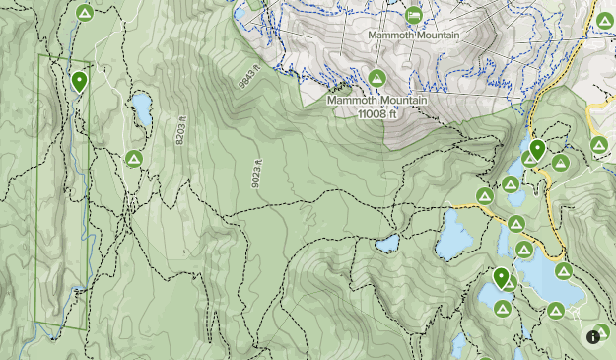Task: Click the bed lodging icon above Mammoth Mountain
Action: [414, 15]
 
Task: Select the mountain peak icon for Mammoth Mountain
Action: [376, 77]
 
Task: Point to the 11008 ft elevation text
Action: [376, 112]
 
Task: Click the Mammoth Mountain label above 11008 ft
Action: [376, 100]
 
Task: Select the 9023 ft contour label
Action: [257, 174]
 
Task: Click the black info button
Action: [593, 336]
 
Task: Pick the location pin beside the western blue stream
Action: [79, 81]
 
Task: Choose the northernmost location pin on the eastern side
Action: [536, 149]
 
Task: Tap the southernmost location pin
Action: [502, 278]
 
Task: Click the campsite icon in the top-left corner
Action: [84, 13]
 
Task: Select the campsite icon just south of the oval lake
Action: [135, 158]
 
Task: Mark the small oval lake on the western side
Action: [142, 109]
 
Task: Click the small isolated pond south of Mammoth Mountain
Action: [387, 242]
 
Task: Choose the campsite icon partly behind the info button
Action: [602, 331]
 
